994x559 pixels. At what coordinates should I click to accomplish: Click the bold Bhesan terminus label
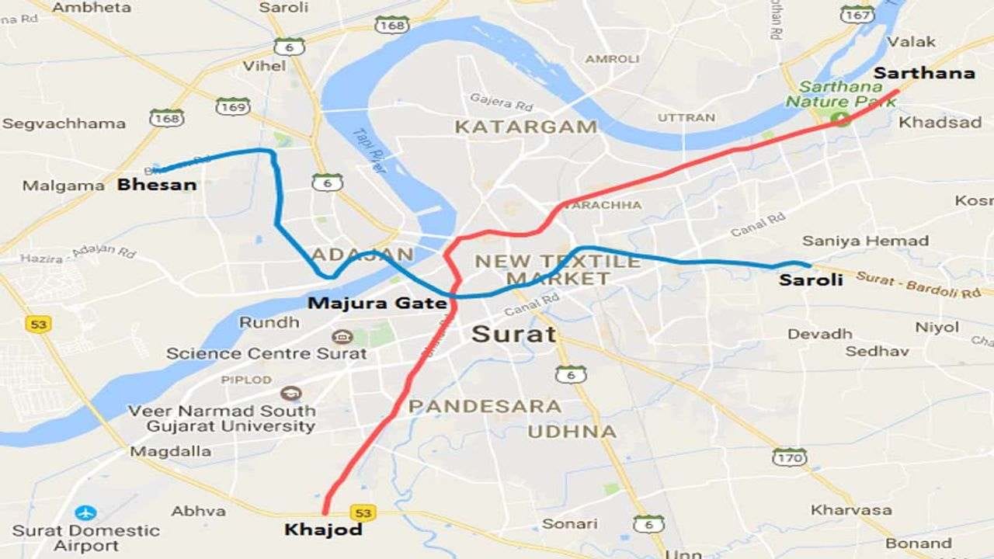pyautogui.click(x=156, y=185)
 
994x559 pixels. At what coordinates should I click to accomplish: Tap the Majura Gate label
pyautogui.click(x=377, y=303)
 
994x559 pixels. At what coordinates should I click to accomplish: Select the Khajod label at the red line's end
pyautogui.click(x=323, y=530)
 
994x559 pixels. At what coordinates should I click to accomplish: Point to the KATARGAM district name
pyautogui.click(x=526, y=127)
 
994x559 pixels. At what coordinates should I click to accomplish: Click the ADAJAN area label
pyautogui.click(x=363, y=255)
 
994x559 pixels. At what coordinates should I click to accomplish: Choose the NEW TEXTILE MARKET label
pyautogui.click(x=558, y=269)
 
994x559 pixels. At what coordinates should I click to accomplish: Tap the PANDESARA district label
pyautogui.click(x=485, y=406)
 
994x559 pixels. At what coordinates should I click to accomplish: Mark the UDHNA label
pyautogui.click(x=572, y=432)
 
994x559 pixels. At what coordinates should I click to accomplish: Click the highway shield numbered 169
pyautogui.click(x=233, y=106)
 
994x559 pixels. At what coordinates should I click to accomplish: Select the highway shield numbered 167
pyautogui.click(x=857, y=14)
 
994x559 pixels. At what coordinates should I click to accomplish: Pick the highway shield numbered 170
pyautogui.click(x=789, y=457)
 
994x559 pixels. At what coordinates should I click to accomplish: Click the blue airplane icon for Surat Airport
pyautogui.click(x=85, y=512)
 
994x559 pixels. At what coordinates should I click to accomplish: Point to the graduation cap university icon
pyautogui.click(x=291, y=394)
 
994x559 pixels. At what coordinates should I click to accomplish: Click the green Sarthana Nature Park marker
pyautogui.click(x=840, y=118)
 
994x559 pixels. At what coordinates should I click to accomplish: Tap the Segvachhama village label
pyautogui.click(x=64, y=123)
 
